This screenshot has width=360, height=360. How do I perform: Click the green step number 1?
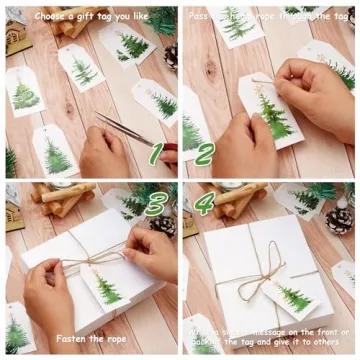(155, 153)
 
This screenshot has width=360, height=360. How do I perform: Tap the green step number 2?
(203, 153)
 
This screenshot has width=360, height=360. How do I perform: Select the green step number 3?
(155, 203)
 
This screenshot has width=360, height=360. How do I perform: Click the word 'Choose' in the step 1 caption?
(51, 16)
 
